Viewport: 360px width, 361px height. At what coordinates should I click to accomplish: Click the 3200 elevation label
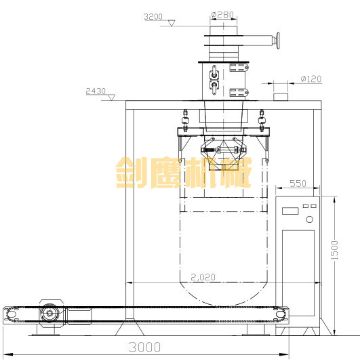pyautogui.click(x=153, y=17)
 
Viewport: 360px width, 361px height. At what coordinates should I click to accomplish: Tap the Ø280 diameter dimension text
pyautogui.click(x=222, y=15)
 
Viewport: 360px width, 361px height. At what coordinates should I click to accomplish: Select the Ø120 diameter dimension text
pyautogui.click(x=311, y=79)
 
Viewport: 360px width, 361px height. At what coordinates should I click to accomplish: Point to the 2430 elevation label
pyautogui.click(x=96, y=91)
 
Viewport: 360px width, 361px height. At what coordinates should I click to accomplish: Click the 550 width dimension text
pyautogui.click(x=298, y=184)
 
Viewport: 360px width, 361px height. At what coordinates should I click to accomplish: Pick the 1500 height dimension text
pyautogui.click(x=334, y=250)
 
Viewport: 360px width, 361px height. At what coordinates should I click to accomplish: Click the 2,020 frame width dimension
pyautogui.click(x=203, y=277)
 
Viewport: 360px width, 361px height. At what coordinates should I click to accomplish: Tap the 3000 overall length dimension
pyautogui.click(x=144, y=347)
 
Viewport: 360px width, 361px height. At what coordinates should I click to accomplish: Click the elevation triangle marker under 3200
pyautogui.click(x=172, y=23)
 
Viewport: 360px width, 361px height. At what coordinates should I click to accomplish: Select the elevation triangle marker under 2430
pyautogui.click(x=112, y=98)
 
